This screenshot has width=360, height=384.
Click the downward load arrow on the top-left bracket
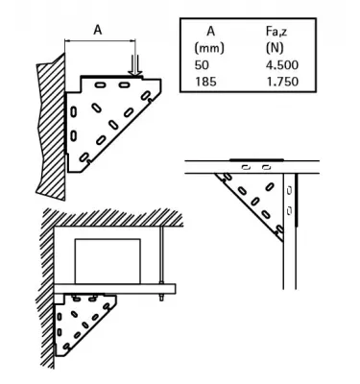coord(135,62)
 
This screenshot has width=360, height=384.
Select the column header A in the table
coord(208,31)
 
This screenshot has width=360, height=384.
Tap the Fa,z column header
coord(278,31)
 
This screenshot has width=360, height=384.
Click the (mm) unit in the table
coord(208,46)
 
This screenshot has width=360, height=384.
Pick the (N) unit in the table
coord(278,46)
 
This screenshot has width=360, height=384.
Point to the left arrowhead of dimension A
coord(68,41)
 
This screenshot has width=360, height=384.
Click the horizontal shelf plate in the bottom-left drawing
coord(115,288)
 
